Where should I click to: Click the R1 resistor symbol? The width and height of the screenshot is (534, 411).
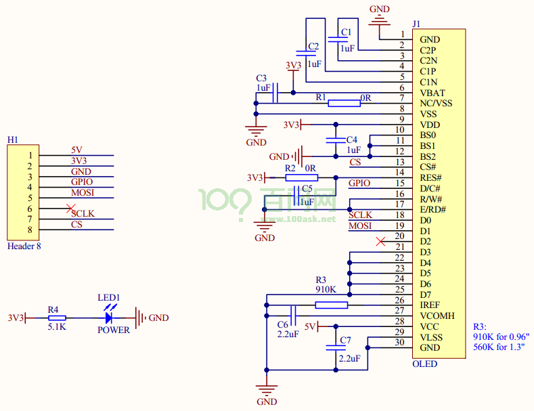click(344, 104)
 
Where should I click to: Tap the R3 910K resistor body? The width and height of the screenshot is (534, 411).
click(332, 305)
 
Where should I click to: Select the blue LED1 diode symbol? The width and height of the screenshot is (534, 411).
click(109, 318)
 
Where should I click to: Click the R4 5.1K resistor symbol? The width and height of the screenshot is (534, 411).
click(57, 318)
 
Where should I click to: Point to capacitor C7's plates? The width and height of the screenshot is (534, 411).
click(336, 347)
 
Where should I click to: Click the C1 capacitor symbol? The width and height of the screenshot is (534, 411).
click(338, 39)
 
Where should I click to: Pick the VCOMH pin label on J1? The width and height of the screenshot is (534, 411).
click(437, 316)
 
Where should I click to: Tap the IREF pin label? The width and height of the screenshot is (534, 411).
click(430, 305)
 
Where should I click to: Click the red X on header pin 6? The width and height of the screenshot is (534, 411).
click(70, 209)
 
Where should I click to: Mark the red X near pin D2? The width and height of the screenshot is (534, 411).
click(380, 242)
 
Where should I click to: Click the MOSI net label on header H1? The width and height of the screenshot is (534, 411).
click(83, 192)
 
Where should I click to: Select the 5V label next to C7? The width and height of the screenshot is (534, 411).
click(310, 327)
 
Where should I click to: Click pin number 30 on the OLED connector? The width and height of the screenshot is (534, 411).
click(399, 343)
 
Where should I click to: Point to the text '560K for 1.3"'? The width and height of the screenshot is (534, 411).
click(499, 347)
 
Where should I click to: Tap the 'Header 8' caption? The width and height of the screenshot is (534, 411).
click(24, 246)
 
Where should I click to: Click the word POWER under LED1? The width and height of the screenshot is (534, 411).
click(114, 330)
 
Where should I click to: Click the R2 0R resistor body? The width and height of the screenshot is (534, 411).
click(301, 177)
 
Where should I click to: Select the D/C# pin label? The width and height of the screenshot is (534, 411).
click(430, 188)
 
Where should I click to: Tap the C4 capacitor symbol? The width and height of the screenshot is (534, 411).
click(336, 140)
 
